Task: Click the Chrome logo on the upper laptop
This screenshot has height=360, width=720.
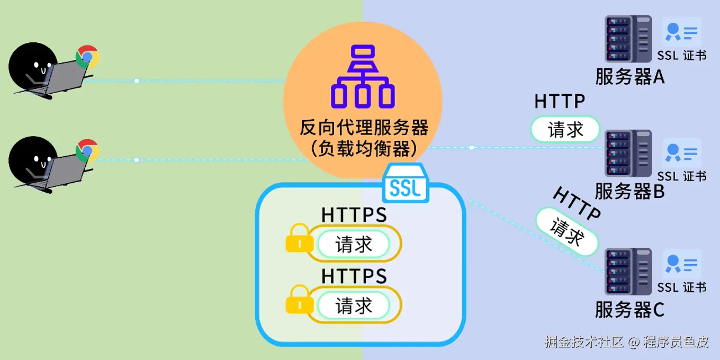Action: [x=87, y=57]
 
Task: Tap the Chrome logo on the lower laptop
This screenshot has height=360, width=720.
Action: [x=87, y=151]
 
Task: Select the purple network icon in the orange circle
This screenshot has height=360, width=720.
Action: [x=363, y=77]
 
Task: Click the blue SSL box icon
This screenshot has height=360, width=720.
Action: [x=406, y=183]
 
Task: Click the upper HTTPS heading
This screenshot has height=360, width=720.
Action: [x=354, y=215]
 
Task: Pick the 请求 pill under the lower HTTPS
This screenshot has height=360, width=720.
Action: [x=354, y=305]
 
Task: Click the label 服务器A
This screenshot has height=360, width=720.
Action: [x=629, y=77]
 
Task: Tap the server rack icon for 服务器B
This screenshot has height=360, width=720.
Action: [x=628, y=154]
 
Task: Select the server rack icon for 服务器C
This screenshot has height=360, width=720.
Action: [x=628, y=271]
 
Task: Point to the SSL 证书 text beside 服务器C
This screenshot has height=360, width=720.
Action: [x=682, y=287]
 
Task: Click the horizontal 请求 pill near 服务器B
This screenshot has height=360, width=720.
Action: [x=565, y=129]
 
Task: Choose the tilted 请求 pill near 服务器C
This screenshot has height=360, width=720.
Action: [x=567, y=232]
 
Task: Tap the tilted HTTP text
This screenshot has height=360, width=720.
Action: [x=577, y=203]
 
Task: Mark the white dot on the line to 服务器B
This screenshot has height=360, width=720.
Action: [x=471, y=148]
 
